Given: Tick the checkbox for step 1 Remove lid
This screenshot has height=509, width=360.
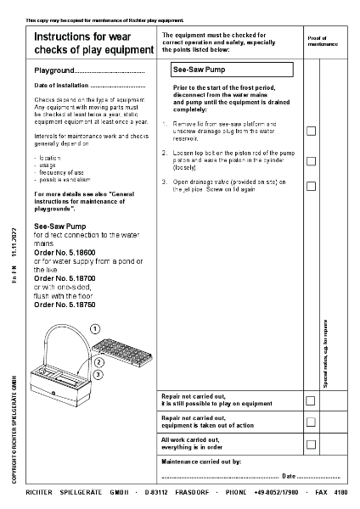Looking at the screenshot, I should tap(311, 131).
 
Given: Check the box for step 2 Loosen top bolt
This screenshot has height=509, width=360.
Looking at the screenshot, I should tap(311, 160).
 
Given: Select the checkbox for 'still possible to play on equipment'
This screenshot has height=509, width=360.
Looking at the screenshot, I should tap(311, 400).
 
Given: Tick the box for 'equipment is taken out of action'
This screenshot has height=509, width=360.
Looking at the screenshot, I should tap(311, 422).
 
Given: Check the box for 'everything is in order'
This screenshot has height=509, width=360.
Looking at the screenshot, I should tap(311, 443).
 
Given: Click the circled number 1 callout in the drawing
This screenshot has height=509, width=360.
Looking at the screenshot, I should tap(95, 328).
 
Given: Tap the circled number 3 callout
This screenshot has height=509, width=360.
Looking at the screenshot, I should tap(99, 374).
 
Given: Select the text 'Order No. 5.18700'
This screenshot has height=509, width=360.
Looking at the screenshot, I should tap(65, 277).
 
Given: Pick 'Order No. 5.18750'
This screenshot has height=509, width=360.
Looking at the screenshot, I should tap(65, 304).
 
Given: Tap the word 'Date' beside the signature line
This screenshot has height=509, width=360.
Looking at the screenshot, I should tap(289, 476).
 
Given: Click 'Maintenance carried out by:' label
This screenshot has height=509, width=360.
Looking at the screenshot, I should tap(201, 462).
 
